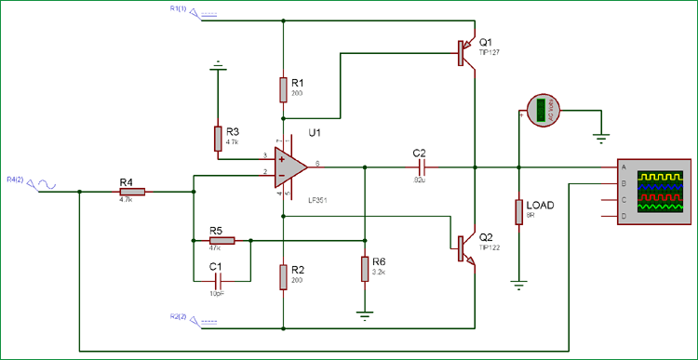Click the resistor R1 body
coord(282,89)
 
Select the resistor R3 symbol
coord(218,139)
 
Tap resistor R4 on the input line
coord(133,193)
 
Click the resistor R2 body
coord(282,276)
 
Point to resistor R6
coord(365,269)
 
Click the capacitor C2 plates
coord(420,168)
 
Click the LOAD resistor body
coord(518,211)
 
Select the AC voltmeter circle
coord(539,110)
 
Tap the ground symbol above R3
coord(218,66)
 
